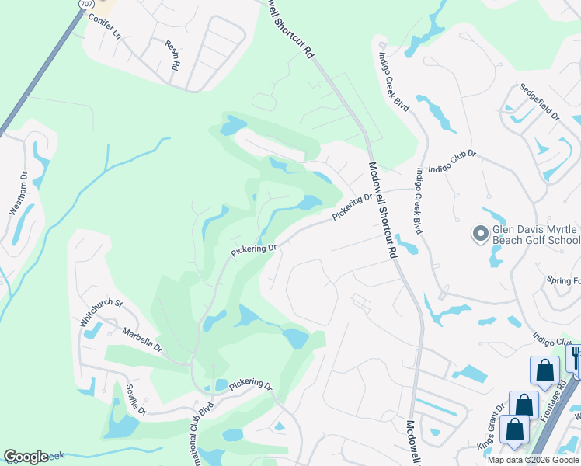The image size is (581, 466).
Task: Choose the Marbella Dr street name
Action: pyautogui.click(x=141, y=339)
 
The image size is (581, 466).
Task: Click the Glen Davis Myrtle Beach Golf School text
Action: pyautogui.click(x=536, y=235)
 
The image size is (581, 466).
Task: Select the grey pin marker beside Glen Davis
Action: pyautogui.click(x=480, y=232)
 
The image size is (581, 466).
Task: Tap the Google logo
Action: pyautogui.click(x=26, y=457)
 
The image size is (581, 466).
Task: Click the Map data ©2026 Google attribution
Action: pyautogui.click(x=534, y=460)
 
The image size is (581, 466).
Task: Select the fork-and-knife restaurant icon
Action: pyautogui.click(x=576, y=357)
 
